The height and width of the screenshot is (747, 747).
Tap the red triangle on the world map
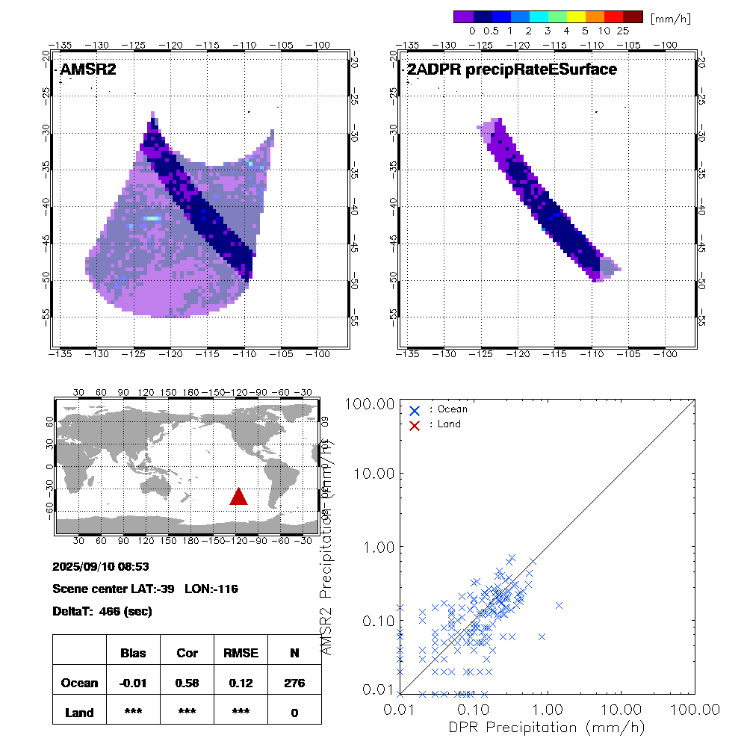click(238, 497)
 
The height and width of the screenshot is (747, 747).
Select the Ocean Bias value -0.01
click(133, 683)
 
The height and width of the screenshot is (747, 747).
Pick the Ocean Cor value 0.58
click(187, 683)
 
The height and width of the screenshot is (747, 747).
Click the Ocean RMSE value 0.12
click(241, 683)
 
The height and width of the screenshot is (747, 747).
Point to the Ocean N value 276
click(294, 683)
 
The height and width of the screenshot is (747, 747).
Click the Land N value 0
click(294, 713)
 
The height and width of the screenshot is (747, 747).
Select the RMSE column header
click(241, 653)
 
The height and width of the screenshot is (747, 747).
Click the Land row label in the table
click(79, 713)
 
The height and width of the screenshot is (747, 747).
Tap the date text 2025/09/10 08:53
click(101, 567)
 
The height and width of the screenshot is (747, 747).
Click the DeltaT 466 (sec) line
click(102, 611)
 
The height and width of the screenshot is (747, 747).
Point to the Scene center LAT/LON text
click(146, 589)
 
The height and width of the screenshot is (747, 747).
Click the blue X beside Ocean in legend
click(415, 410)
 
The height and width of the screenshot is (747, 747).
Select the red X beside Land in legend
click(415, 424)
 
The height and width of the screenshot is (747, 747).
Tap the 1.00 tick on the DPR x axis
click(548, 708)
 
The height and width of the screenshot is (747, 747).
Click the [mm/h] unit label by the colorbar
click(670, 17)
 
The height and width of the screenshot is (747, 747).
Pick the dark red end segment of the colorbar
click(633, 16)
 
